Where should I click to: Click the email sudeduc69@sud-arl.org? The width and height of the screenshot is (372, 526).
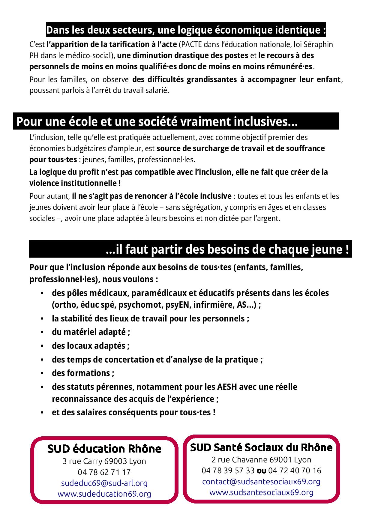[104, 483]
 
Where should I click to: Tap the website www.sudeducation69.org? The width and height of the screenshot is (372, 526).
[104, 494]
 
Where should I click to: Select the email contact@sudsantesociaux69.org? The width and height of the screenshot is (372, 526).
[261, 481]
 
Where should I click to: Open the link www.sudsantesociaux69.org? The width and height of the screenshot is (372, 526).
[261, 492]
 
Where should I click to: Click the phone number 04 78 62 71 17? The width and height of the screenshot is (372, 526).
[104, 472]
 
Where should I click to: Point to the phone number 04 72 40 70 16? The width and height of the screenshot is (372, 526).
[295, 471]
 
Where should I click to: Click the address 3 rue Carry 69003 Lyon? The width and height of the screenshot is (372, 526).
[104, 461]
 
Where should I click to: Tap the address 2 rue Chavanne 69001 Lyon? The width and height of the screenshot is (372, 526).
[261, 459]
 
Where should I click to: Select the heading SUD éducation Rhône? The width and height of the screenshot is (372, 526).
[104, 449]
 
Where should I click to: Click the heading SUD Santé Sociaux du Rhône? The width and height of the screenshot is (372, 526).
[261, 447]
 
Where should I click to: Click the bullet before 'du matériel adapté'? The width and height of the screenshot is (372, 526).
[42, 332]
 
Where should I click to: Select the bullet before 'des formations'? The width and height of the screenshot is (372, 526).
[42, 373]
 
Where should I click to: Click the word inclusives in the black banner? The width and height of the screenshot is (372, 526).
[265, 122]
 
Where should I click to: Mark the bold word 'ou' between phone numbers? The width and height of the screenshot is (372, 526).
[261, 471]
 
